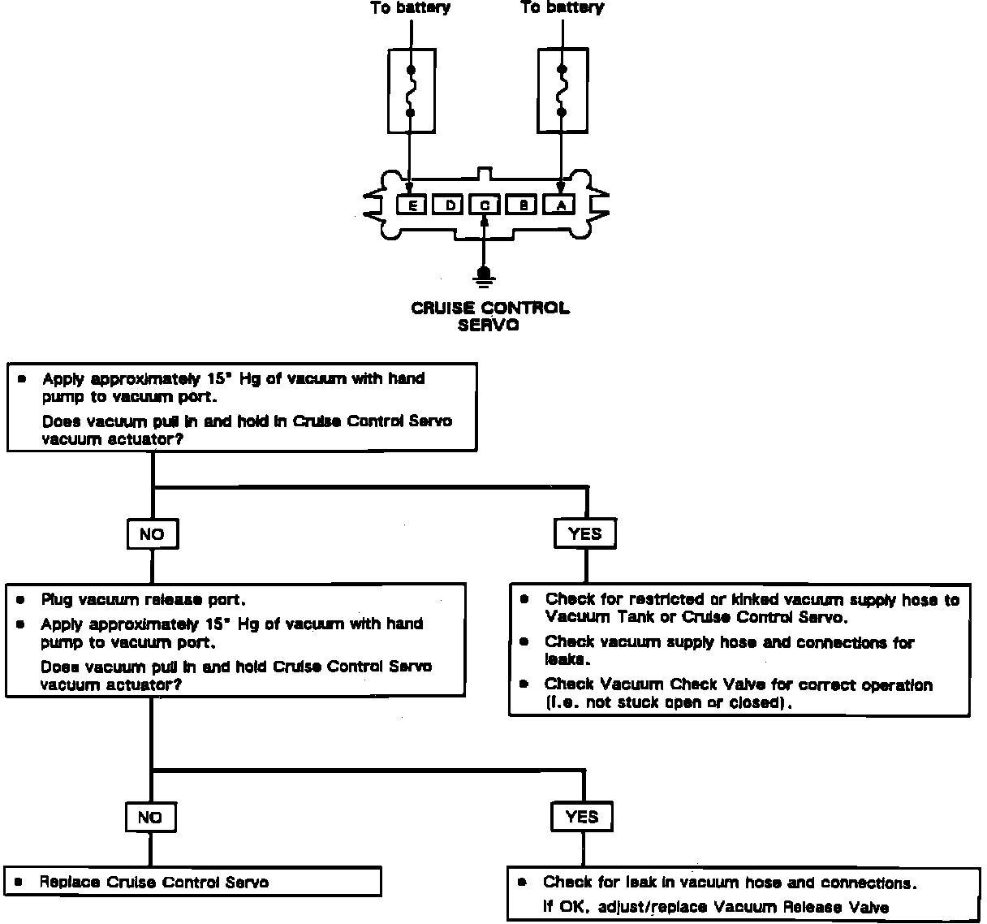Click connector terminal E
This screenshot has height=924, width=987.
tap(412, 205)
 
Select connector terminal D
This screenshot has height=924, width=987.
tap(449, 205)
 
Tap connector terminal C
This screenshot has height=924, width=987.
tap(485, 205)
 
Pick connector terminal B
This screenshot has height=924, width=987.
tap(524, 205)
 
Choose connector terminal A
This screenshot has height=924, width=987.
tap(561, 205)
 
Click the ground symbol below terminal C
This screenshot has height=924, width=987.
tap(485, 278)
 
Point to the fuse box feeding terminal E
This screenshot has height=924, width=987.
tap(412, 89)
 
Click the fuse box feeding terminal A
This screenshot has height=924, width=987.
tap(561, 89)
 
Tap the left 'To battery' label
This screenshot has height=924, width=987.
tap(411, 8)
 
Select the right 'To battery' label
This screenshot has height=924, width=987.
tap(562, 7)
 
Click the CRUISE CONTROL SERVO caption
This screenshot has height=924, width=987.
tap(489, 317)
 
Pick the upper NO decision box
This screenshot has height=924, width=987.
tap(152, 534)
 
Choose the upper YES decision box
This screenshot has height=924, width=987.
tap(584, 533)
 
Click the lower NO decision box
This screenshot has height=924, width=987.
tap(150, 818)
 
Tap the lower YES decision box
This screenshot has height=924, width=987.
tap(582, 817)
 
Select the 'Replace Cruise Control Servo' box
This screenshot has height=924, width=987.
tap(193, 883)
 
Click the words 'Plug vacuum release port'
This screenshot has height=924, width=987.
tap(143, 600)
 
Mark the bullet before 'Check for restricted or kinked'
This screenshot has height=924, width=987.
tap(525, 599)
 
